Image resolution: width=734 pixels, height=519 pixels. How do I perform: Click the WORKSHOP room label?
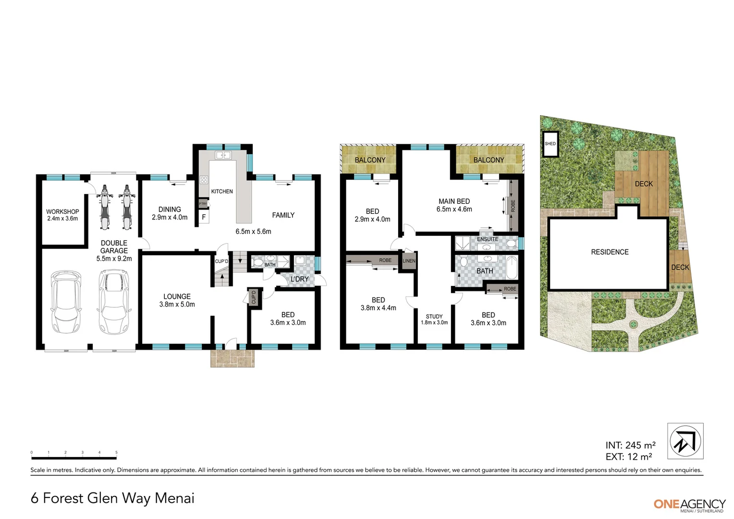tap(62, 211)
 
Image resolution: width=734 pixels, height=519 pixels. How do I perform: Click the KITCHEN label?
tap(222, 191)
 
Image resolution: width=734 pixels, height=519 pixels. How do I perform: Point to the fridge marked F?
tap(204, 217)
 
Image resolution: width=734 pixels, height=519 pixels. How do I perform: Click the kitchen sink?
tap(223, 155)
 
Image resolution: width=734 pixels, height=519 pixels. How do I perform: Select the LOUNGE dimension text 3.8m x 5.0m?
tap(177, 304)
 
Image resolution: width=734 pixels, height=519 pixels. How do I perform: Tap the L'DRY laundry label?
tap(299, 279)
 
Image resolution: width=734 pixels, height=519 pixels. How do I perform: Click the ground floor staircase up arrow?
tap(222, 275)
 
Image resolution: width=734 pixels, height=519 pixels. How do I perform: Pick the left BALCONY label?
tap(370, 160)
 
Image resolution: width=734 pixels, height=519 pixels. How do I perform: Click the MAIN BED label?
tap(454, 201)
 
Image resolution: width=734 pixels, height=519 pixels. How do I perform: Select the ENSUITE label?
tap(487, 239)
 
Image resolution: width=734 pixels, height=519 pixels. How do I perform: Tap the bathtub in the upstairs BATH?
tap(512, 270)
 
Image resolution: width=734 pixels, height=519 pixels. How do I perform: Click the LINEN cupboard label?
tap(409, 261)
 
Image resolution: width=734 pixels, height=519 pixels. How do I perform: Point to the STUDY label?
tap(434, 316)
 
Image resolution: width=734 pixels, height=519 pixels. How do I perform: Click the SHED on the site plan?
tap(550, 144)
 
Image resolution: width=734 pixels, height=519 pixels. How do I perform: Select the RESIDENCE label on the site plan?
tap(610, 252)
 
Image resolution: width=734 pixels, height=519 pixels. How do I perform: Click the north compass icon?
tap(685, 441)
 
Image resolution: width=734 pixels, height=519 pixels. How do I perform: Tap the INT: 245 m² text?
tap(630, 445)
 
